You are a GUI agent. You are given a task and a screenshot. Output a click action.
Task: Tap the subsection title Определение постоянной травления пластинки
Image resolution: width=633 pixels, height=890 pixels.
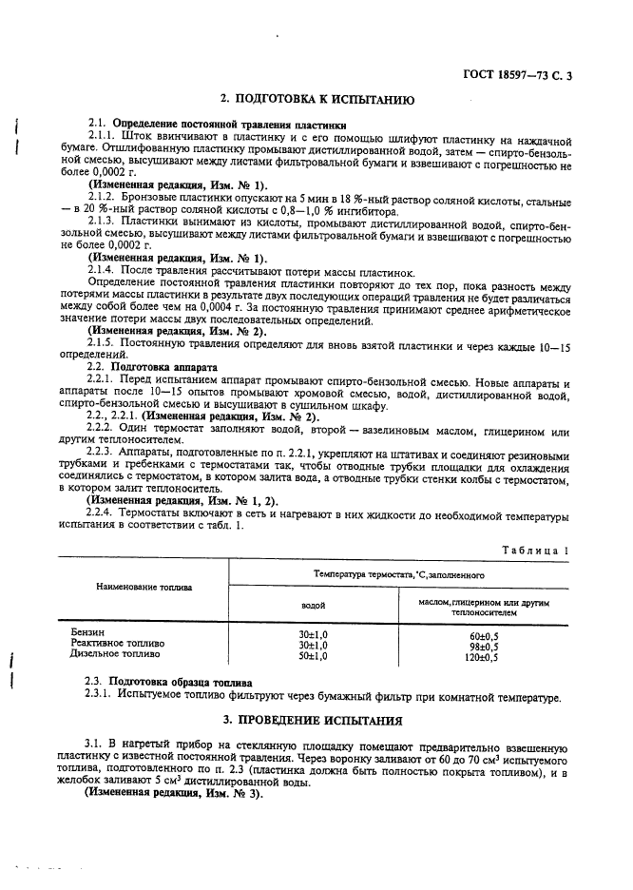[217, 124]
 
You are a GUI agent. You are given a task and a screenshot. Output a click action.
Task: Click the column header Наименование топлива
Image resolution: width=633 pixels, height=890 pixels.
[144, 587]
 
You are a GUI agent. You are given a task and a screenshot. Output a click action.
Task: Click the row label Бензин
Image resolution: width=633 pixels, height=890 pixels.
[87, 632]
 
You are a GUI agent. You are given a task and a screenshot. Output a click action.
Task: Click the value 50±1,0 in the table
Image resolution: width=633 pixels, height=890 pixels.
[314, 656]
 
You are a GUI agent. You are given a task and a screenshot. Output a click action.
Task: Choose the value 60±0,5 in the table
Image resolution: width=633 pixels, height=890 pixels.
[485, 634]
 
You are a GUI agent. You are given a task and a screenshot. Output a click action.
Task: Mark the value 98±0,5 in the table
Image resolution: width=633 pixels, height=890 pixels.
[485, 646]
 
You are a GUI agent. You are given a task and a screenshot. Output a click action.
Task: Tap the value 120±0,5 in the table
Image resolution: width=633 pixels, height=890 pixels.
[485, 657]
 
